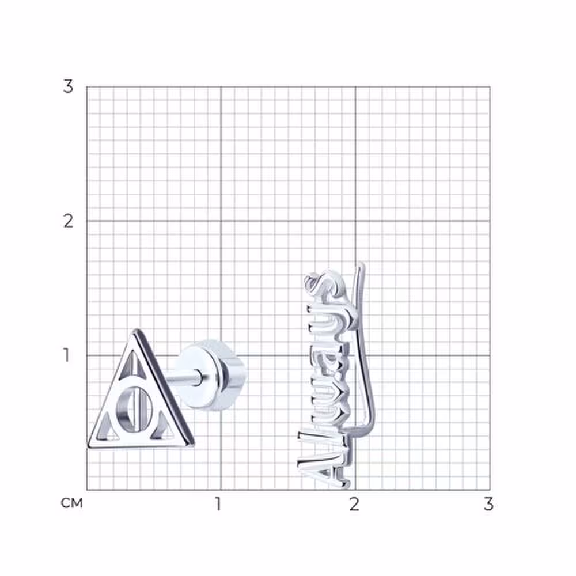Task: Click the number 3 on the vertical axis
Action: coord(68,87)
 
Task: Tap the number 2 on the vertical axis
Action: coord(68,221)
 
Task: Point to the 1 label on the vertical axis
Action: coord(66,355)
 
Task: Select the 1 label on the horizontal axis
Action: coord(218,504)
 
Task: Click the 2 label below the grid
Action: coord(354,504)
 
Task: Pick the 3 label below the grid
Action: coord(488,504)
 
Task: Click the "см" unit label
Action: coord(71,503)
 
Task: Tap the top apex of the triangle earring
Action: coord(137,329)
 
